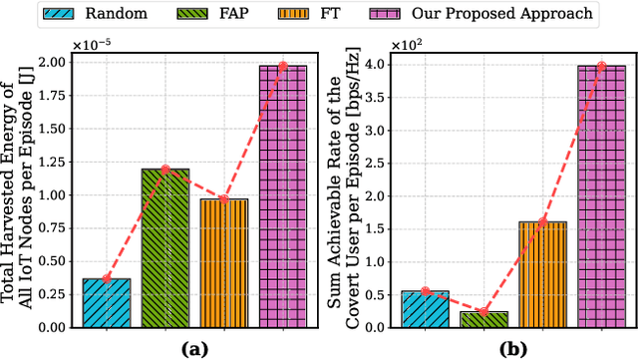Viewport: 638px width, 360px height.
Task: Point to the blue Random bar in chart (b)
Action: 425,308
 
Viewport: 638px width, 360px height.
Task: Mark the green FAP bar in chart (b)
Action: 483,319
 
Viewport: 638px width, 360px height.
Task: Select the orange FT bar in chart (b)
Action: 542,274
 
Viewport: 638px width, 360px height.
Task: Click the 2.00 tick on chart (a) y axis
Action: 56,63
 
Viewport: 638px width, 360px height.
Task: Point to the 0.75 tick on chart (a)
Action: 56,227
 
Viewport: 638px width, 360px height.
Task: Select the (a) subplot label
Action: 193,348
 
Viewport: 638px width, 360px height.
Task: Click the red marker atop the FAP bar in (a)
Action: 164,170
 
